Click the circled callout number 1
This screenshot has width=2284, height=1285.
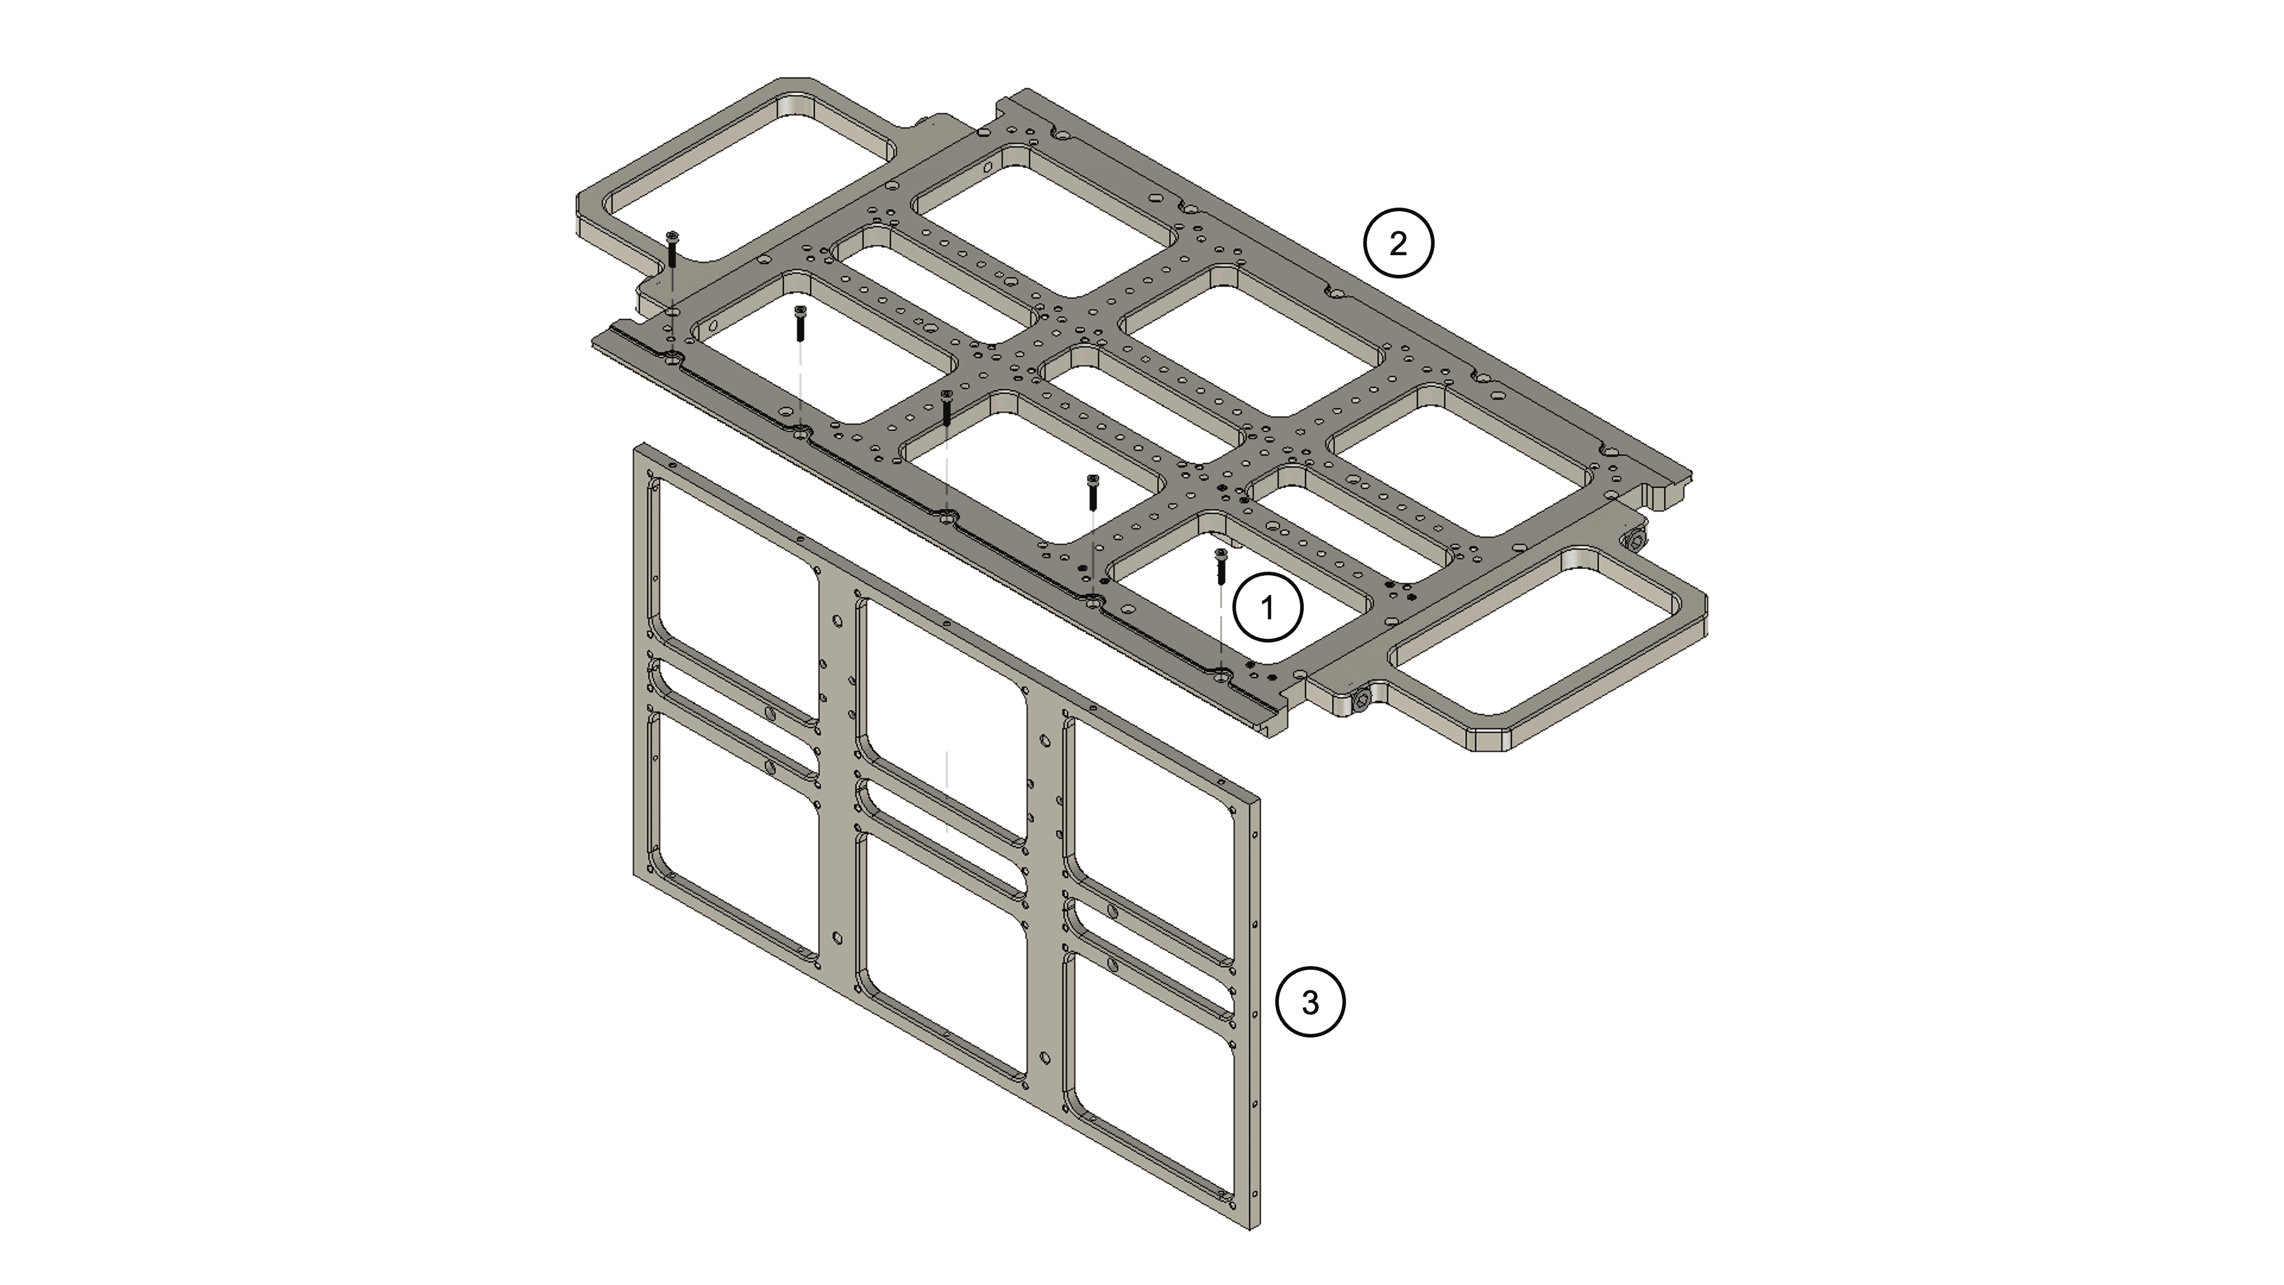[1268, 609]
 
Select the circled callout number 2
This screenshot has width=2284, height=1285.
[1398, 243]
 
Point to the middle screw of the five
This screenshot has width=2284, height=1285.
[947, 412]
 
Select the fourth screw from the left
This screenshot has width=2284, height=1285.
[1093, 492]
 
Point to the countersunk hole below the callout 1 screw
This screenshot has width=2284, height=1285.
[1223, 676]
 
